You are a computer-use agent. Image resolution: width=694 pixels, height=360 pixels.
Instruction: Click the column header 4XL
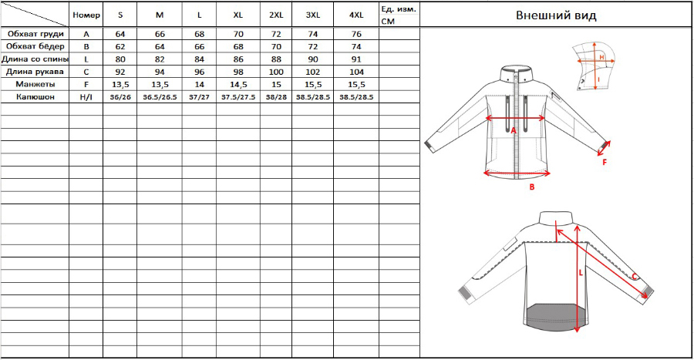356,15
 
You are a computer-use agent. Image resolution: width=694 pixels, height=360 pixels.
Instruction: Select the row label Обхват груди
35,34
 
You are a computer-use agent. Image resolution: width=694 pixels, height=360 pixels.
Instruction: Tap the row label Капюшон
35,97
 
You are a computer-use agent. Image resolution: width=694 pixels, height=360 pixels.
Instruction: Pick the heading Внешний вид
556,15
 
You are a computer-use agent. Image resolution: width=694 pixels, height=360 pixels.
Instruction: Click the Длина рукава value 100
276,72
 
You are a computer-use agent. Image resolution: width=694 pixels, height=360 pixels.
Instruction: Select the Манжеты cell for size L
199,85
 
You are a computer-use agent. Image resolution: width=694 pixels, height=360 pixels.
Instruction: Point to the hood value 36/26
120,97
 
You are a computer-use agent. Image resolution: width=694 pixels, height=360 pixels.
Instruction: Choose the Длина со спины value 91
356,59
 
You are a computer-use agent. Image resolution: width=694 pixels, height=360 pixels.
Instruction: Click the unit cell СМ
388,22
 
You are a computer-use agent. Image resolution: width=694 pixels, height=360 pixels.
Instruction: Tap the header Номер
86,15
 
